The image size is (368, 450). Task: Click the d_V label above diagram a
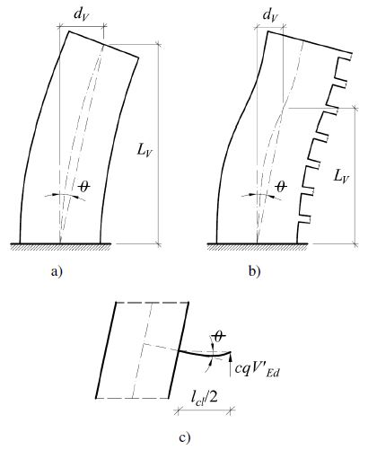coord(82,16)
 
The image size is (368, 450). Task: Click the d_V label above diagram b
coord(270,15)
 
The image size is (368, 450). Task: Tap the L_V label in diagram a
coord(145,150)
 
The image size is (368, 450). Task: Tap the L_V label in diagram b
coord(341,177)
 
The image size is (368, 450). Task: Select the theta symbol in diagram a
coord(84,187)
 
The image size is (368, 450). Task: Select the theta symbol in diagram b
coord(281,187)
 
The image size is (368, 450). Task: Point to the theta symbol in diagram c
coord(219,337)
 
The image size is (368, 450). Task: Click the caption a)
coord(57,271)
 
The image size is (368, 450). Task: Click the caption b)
coord(255,271)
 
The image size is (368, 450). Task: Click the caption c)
coord(185,438)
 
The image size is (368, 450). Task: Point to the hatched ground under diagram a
coord(61,246)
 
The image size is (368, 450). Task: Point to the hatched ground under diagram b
coord(258,246)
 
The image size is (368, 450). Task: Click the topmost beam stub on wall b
coord(344,56)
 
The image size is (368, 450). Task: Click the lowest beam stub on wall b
coord(304,219)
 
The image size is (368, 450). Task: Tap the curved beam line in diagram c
coord(205,355)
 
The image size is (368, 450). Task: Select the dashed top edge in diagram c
coord(153,303)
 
